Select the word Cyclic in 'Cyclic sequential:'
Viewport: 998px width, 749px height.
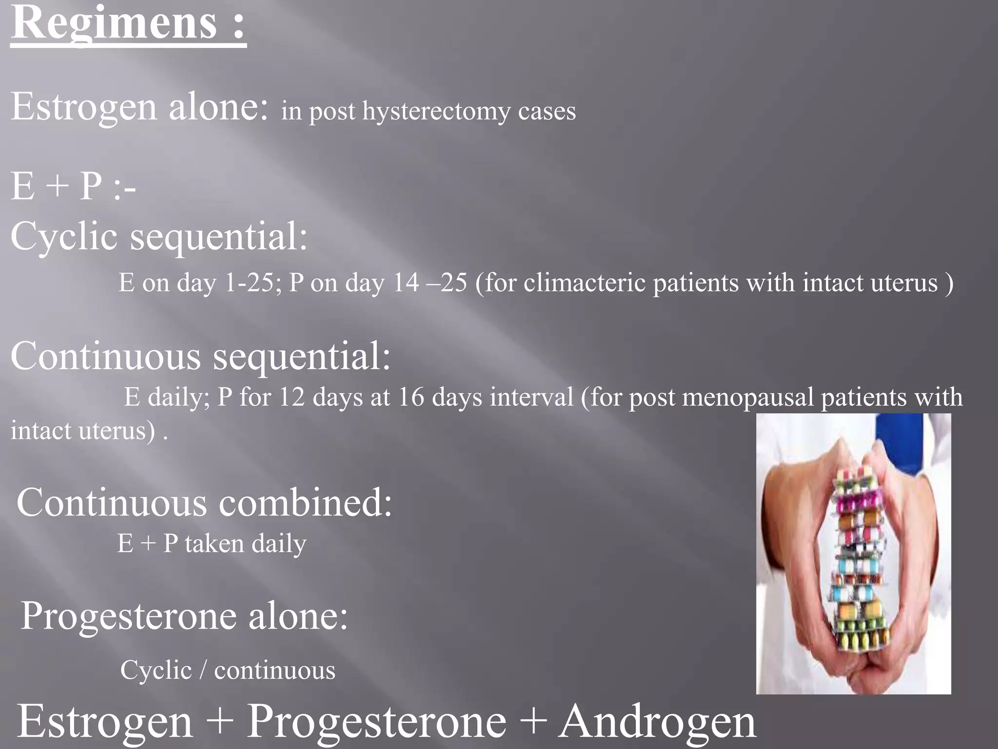point(64,237)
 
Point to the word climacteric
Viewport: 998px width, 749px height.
point(584,283)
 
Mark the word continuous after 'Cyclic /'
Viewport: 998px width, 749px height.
point(275,670)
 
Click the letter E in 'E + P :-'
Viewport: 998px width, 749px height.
point(23,187)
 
